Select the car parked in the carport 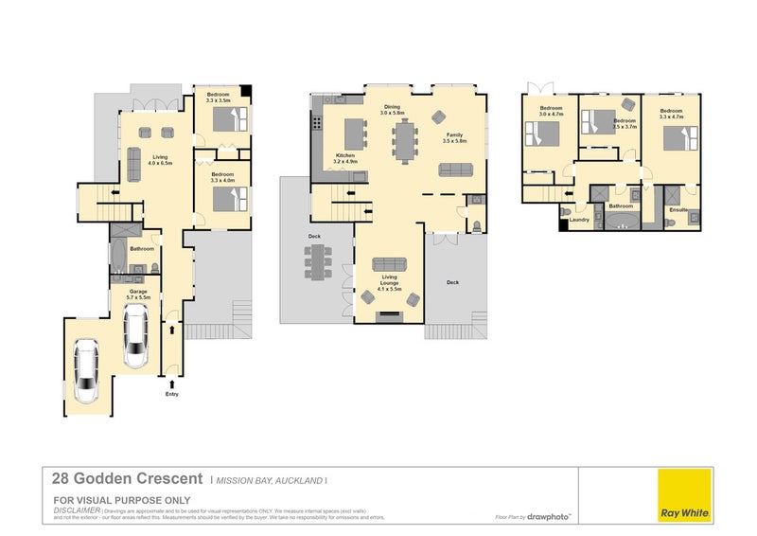coord(87,372)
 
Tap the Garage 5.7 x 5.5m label coord(135,295)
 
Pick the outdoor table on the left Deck coord(318,262)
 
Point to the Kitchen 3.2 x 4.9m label coord(345,158)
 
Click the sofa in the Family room coord(456,170)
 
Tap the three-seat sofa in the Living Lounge coord(389,264)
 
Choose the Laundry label coord(580,220)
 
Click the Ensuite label coord(678,209)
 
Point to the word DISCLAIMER coord(75,509)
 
